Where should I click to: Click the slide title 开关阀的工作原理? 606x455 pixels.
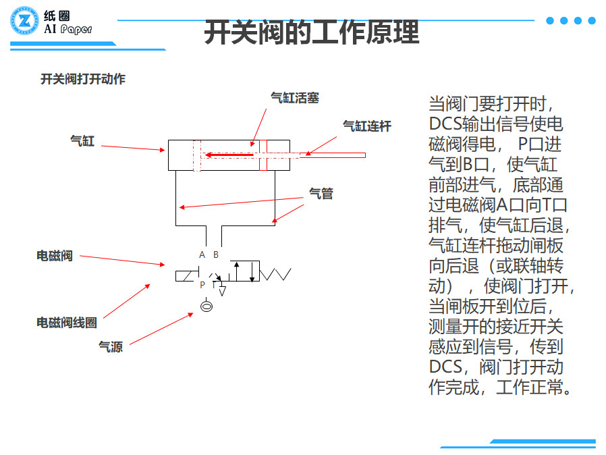point(311,32)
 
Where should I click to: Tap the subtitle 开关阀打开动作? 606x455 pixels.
point(83,79)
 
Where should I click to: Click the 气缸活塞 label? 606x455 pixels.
point(294,98)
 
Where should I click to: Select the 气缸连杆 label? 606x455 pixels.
point(367,126)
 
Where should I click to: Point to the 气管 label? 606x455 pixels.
point(321,194)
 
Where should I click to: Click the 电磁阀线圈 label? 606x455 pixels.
point(66,323)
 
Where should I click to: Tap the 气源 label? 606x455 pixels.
point(111,347)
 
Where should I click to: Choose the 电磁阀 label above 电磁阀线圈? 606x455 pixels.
point(54,256)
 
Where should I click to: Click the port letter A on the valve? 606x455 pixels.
point(202,255)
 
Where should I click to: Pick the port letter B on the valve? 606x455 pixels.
point(216,255)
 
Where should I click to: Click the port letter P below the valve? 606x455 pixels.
point(202,286)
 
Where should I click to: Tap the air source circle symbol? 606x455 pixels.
point(206,307)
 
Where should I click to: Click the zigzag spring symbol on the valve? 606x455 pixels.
point(276,273)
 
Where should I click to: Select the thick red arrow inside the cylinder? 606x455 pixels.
point(229,155)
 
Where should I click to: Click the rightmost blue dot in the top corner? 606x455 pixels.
point(592,20)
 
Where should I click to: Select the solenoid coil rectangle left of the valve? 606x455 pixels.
point(185,275)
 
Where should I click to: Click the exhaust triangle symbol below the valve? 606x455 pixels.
point(222,292)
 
